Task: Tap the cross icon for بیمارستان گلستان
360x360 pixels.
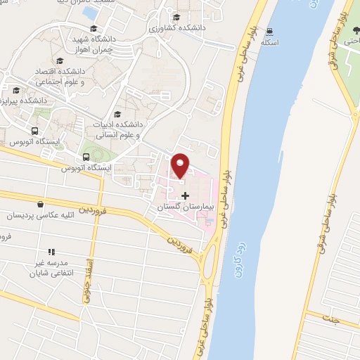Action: [x=185, y=195]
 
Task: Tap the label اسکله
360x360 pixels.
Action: [x=270, y=42]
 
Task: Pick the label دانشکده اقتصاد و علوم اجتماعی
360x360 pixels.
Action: [x=58, y=77]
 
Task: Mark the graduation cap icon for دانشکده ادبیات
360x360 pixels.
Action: [x=117, y=114]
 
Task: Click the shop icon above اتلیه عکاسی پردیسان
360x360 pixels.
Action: [x=41, y=204]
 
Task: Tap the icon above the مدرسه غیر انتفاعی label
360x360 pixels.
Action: [x=51, y=251]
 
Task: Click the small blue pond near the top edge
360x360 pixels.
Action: [x=89, y=11]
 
